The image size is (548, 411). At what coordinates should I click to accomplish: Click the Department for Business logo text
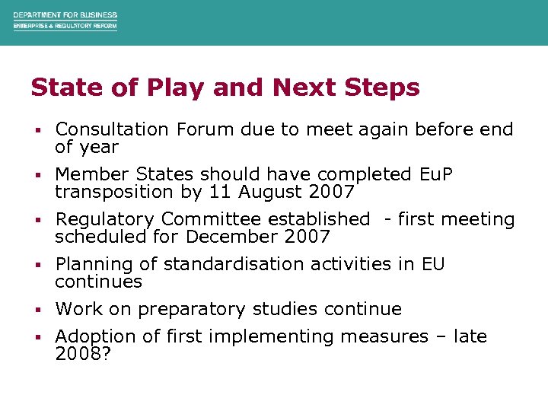click(65, 21)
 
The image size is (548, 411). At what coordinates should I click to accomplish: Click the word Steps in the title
click(384, 88)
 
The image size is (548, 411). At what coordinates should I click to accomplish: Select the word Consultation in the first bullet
click(113, 129)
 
